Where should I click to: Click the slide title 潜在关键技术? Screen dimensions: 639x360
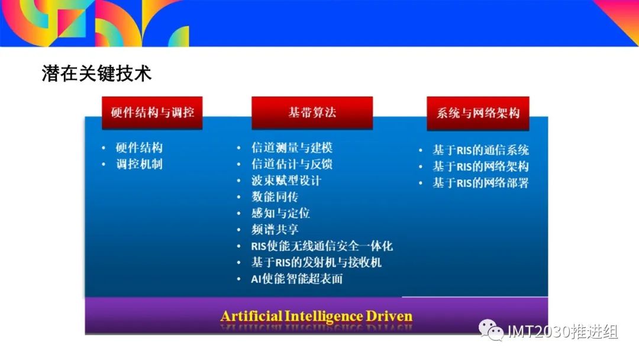pyautogui.click(x=96, y=73)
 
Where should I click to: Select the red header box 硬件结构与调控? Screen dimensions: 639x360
pyautogui.click(x=152, y=113)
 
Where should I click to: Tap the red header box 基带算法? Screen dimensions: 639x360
pyautogui.click(x=312, y=113)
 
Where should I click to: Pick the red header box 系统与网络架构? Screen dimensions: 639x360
pyautogui.click(x=478, y=113)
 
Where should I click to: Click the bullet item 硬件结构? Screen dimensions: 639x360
pyautogui.click(x=139, y=147)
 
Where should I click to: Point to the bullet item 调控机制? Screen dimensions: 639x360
pyautogui.click(x=139, y=164)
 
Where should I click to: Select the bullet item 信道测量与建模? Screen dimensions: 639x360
pyautogui.click(x=292, y=147)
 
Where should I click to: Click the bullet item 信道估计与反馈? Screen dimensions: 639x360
pyautogui.click(x=292, y=164)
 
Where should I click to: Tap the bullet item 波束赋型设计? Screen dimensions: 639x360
pyautogui.click(x=286, y=180)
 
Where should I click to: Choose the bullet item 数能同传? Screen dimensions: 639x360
pyautogui.click(x=275, y=197)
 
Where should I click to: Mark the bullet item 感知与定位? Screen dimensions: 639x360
pyautogui.click(x=280, y=213)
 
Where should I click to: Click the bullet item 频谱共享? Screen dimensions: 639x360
pyautogui.click(x=275, y=229)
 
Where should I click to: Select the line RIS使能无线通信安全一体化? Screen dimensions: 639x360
pyautogui.click(x=322, y=246)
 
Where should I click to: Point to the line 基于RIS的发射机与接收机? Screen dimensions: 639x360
pyautogui.click(x=316, y=262)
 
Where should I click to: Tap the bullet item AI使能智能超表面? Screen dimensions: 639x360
pyautogui.click(x=296, y=278)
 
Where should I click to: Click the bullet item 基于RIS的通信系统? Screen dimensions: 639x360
pyautogui.click(x=480, y=150)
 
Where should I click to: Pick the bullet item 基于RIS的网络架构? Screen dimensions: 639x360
pyautogui.click(x=480, y=166)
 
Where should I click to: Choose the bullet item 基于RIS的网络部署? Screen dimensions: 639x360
pyautogui.click(x=480, y=182)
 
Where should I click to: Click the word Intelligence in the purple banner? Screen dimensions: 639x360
pyautogui.click(x=324, y=316)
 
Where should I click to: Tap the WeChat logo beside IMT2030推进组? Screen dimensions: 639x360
pyautogui.click(x=491, y=329)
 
